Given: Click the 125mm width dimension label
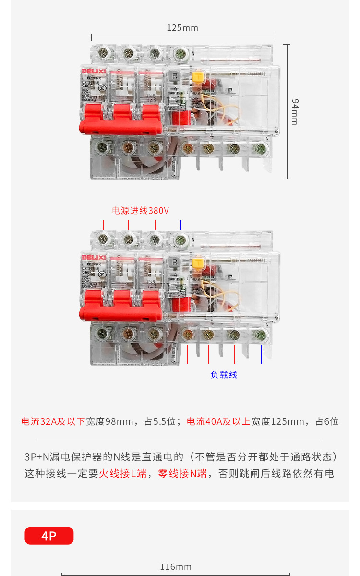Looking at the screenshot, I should coord(182,28).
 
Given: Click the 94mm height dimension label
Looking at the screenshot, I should coord(295,112).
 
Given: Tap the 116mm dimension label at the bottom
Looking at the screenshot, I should coord(176,567).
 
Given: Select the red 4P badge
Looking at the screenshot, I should coord(49,536).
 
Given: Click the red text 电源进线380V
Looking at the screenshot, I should coord(140,211).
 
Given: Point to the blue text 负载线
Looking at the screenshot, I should coord(224,375).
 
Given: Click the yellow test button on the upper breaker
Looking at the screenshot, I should coord(197,78).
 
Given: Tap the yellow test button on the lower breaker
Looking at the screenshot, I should coord(197,264).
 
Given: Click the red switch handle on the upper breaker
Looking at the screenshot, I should coord(120,120).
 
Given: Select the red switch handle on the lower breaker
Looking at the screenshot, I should coord(120,307).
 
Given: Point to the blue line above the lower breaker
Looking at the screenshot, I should coord(180,225).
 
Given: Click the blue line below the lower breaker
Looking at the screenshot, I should coord(262,354).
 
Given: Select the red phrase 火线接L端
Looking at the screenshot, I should coord(123,474).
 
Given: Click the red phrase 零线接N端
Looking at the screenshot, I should coord(182,474).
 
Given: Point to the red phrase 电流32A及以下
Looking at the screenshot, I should coord(53,421).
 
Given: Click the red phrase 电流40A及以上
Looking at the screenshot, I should coord(218,421).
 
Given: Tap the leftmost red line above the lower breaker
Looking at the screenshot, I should coord(103,225).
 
